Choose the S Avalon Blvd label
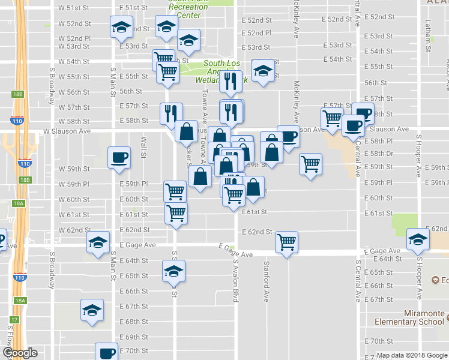(236, 275)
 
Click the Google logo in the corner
(19, 353)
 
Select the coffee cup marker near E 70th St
(107, 352)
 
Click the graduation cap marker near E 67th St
(92, 310)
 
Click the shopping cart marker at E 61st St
(176, 212)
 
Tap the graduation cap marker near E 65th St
(173, 271)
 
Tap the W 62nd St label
(74, 230)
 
